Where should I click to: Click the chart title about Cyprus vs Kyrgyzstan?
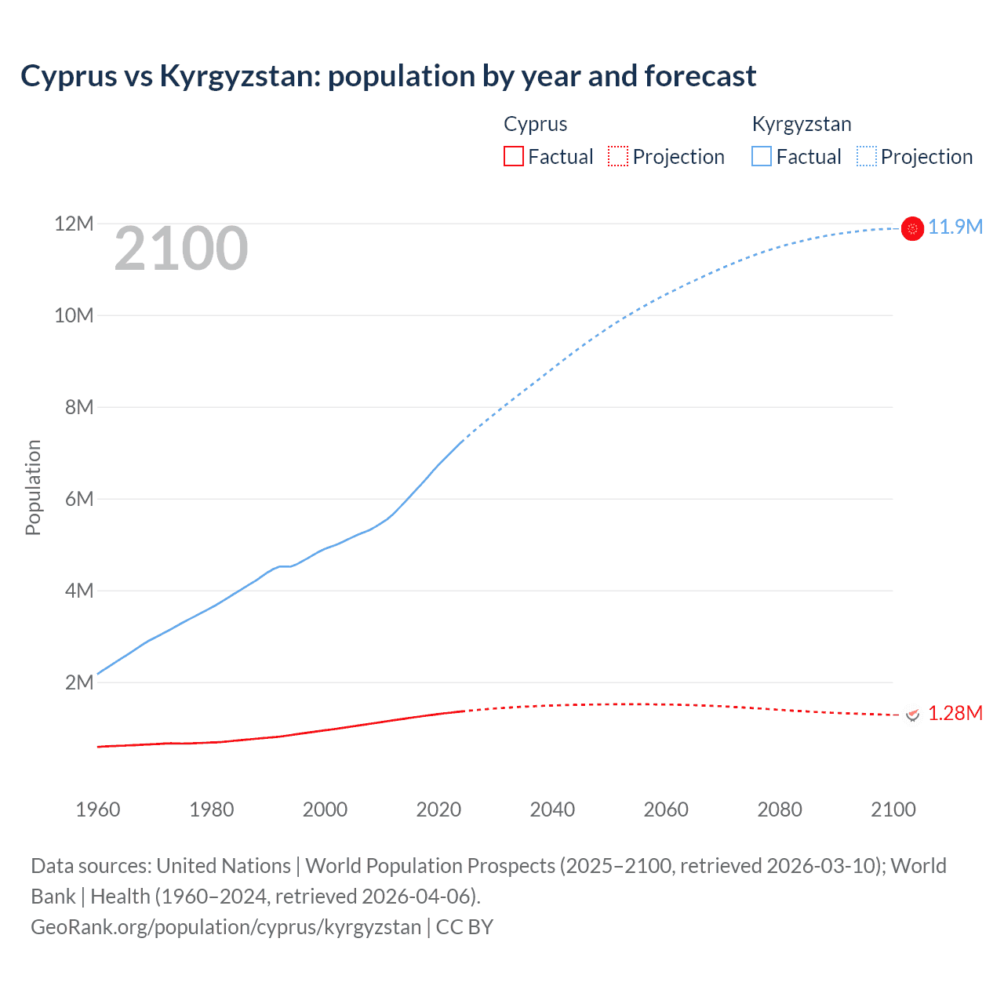388,76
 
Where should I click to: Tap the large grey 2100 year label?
181,249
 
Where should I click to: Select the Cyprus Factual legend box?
513,157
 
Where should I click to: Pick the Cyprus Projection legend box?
618,157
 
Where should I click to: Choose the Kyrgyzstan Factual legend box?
761,157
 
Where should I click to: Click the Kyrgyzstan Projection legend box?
867,157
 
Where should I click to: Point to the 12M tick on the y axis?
74,224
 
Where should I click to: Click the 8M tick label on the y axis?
78,407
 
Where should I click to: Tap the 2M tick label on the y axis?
78,682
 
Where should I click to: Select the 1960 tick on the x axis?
98,809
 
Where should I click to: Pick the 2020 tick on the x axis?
438,809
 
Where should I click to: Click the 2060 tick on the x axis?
666,809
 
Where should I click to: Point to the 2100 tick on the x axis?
893,809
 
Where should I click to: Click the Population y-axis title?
33,487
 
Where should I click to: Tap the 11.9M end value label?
955,227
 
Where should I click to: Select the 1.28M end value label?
955,714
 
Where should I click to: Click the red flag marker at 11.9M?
912,228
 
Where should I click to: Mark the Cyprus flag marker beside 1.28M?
912,715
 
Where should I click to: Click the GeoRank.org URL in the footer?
226,927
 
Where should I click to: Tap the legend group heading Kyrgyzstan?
802,124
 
